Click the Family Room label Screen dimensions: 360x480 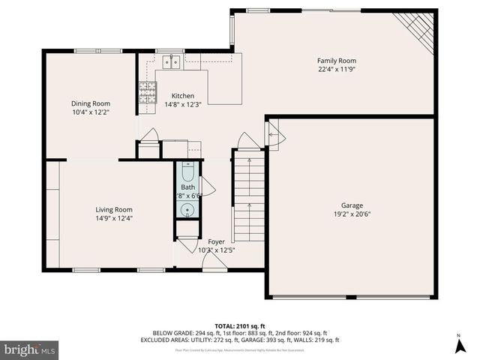[336, 61]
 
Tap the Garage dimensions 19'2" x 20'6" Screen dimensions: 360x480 [352, 214]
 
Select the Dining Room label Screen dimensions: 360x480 [91, 103]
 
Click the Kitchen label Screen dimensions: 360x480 [183, 96]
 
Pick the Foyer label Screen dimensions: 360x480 [216, 241]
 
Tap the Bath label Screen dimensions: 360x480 [187, 187]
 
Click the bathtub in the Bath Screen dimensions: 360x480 [188, 171]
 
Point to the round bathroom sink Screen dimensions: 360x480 [188, 209]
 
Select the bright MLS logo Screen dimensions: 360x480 [30, 349]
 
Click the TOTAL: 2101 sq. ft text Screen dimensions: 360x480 [240, 325]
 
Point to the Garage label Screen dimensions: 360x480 [352, 205]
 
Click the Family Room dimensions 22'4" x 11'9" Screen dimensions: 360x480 [336, 70]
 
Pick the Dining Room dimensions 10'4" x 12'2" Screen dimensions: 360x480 [91, 112]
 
